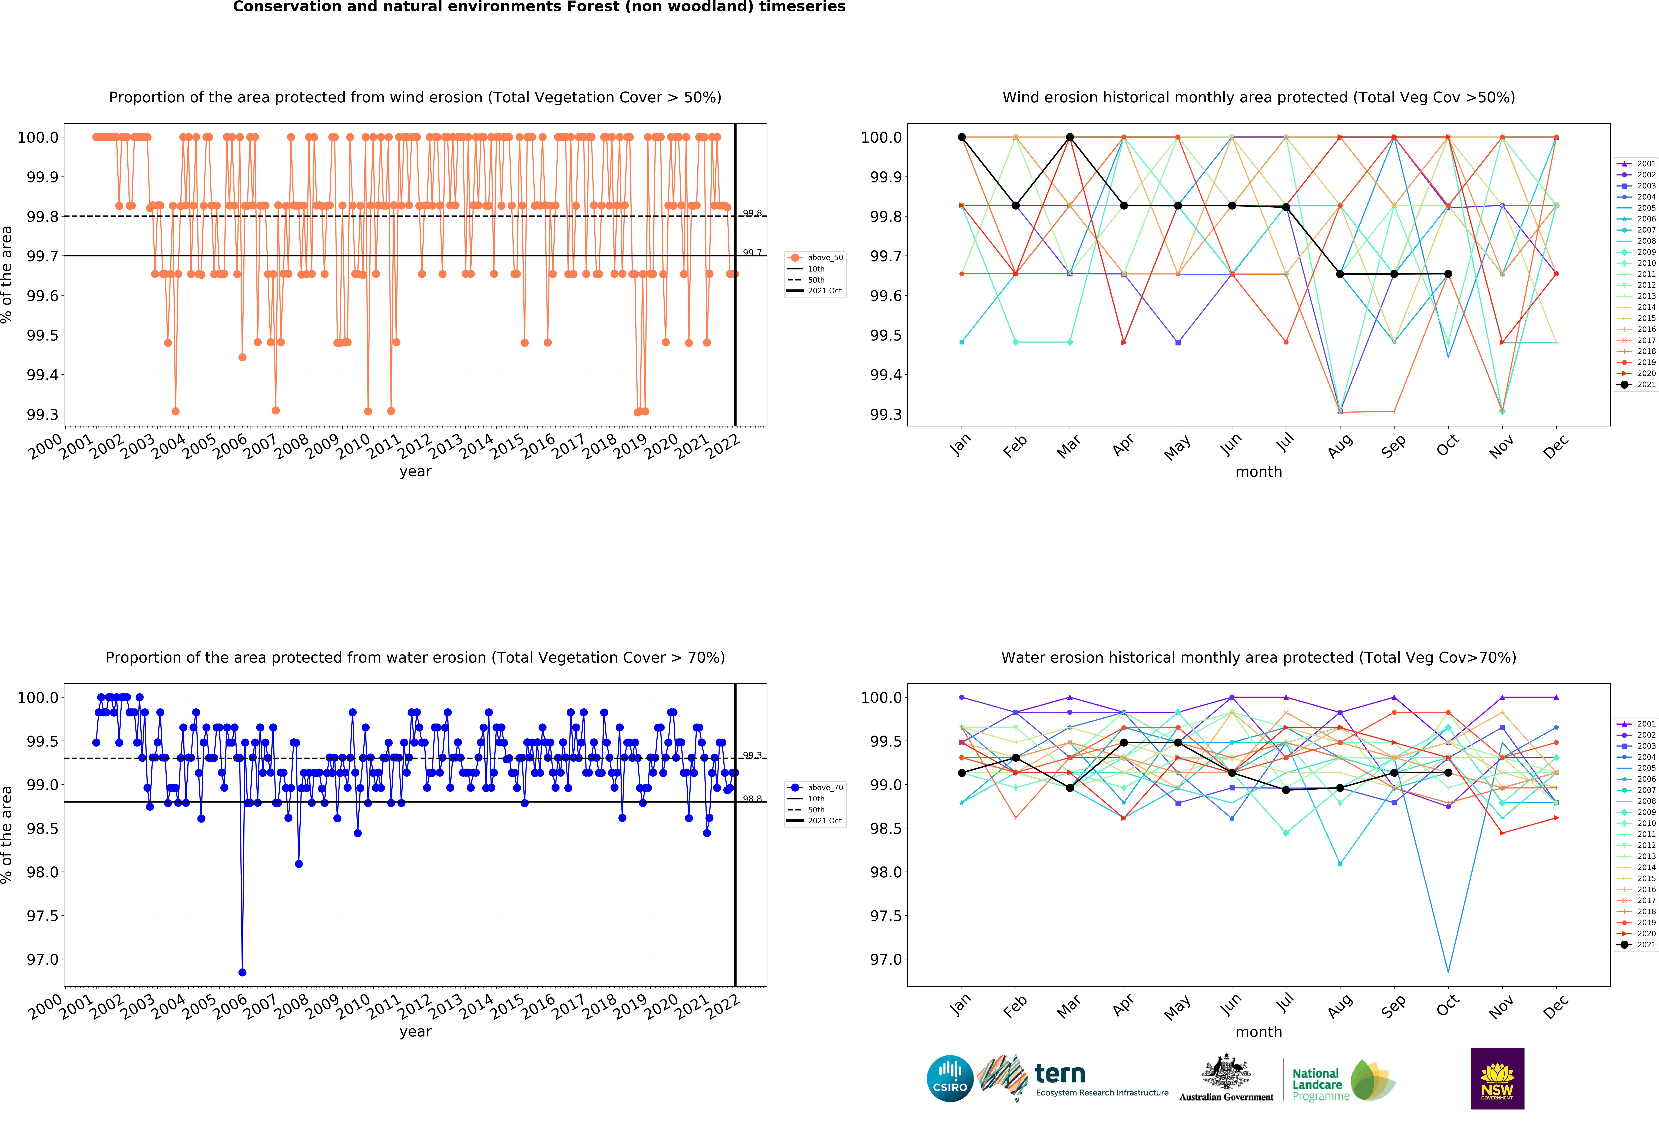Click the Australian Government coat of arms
click(1226, 1071)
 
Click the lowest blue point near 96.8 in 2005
click(242, 972)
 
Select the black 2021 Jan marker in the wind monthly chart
click(962, 137)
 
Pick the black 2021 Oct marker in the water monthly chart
click(1448, 773)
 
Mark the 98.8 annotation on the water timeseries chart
click(752, 799)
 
